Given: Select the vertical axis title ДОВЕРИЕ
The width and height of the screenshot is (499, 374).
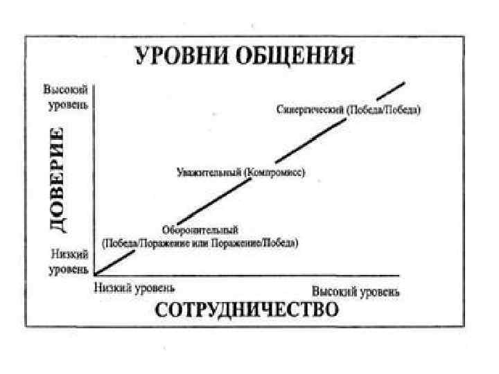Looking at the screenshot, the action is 62,179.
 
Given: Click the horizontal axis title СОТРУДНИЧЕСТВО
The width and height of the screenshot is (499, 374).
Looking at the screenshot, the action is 247,309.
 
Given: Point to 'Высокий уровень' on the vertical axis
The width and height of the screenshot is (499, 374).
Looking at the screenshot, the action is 65,97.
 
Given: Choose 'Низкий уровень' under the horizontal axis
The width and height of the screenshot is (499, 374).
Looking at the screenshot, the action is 134,286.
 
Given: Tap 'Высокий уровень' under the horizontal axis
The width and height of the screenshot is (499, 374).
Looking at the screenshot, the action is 356,292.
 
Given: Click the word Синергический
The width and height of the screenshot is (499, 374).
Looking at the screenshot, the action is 308,110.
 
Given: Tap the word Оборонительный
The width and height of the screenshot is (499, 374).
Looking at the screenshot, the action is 200,229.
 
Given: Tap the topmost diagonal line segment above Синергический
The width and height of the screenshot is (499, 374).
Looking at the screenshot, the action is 394,89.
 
